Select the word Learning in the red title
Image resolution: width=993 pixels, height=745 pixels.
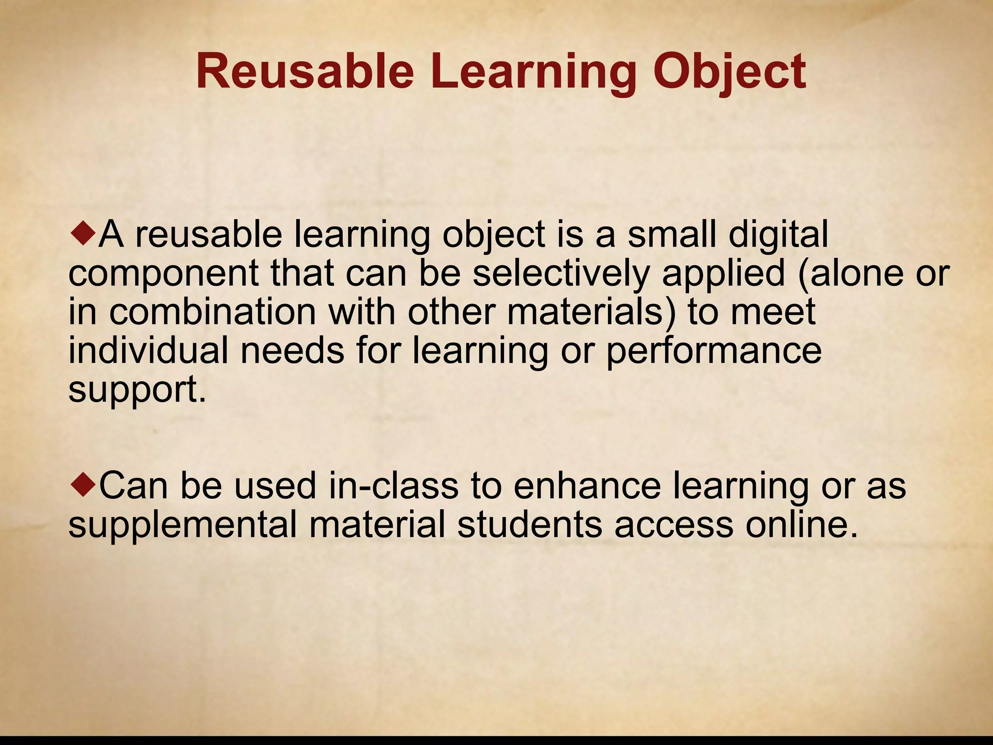533,72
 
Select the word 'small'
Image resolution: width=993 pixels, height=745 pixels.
672,235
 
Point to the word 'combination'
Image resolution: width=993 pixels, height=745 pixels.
213,312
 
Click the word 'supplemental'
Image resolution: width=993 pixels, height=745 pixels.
182,525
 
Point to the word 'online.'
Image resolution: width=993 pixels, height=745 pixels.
802,525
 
